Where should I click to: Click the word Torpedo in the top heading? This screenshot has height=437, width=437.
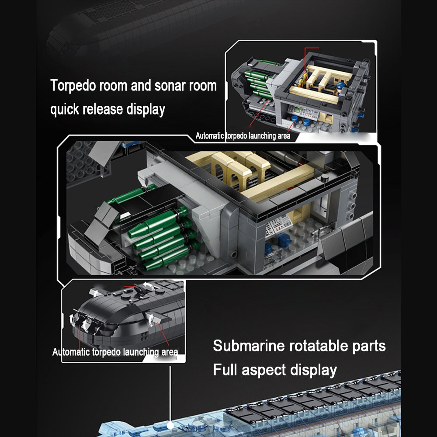pos(73,86)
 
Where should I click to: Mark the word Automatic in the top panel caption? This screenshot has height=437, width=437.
pos(210,136)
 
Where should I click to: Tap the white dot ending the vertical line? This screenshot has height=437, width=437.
pos(170,426)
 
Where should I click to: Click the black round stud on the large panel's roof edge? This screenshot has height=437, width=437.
pos(324,177)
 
